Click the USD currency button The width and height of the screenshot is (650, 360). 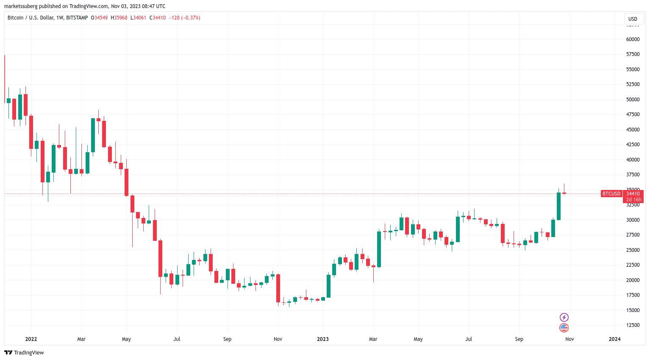tap(633, 19)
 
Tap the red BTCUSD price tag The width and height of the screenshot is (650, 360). tap(611, 194)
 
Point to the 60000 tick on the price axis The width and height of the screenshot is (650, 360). tap(633, 39)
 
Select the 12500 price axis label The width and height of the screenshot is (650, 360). tap(633, 325)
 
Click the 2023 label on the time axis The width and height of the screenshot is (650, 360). tap(323, 339)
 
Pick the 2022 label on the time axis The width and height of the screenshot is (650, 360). tap(31, 339)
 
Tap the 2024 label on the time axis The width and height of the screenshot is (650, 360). tap(614, 339)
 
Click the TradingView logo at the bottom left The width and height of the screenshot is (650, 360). tap(24, 353)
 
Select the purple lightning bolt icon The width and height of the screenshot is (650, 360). tap(564, 317)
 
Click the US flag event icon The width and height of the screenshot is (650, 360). tap(564, 328)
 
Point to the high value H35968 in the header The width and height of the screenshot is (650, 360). tap(119, 18)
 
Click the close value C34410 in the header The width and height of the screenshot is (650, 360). tap(158, 18)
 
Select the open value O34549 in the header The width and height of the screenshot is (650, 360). tap(99, 18)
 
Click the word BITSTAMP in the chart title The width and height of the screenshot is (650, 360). tap(77, 18)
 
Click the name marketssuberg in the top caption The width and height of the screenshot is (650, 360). tap(21, 6)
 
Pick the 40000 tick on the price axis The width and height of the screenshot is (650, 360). tap(633, 160)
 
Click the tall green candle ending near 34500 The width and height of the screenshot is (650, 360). tap(558, 207)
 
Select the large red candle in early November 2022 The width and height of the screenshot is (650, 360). tap(278, 288)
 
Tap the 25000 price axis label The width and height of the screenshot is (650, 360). tap(633, 250)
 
